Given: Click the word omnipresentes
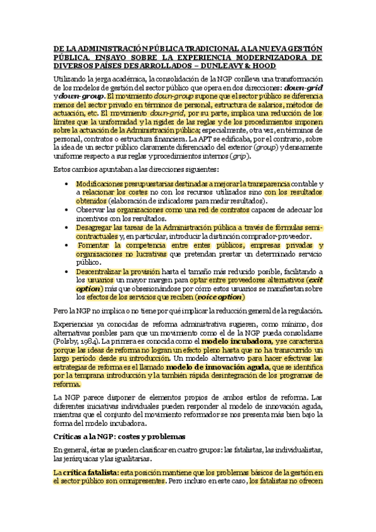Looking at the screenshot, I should point(139,482).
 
